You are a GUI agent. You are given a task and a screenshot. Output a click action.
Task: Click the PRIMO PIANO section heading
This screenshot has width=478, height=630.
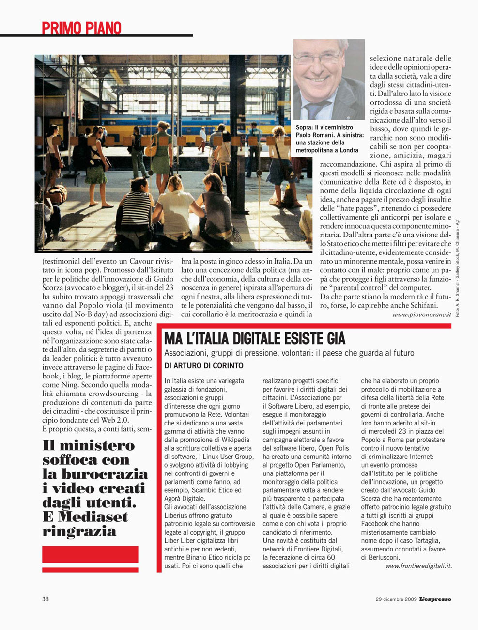[81, 28]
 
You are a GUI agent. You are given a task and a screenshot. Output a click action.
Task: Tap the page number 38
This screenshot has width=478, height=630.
[45, 599]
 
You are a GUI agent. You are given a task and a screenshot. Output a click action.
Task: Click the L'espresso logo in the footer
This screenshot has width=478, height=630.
[435, 599]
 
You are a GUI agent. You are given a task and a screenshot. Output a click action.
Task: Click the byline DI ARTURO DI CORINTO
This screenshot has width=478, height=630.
[204, 366]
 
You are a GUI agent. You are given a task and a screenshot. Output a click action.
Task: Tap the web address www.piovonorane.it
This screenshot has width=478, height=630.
[421, 315]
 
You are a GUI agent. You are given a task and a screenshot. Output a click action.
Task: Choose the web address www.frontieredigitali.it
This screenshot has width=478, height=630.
[418, 566]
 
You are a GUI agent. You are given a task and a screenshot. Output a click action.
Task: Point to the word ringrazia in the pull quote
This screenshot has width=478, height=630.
[79, 531]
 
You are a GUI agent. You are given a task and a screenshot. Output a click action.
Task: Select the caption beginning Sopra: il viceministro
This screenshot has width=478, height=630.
[329, 139]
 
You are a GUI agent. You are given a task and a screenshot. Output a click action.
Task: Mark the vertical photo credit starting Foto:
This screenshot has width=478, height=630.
[457, 269]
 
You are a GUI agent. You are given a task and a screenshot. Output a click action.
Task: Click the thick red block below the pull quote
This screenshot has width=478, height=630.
[90, 554]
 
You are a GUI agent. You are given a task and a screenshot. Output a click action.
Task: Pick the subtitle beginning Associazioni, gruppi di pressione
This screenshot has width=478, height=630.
[289, 353]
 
